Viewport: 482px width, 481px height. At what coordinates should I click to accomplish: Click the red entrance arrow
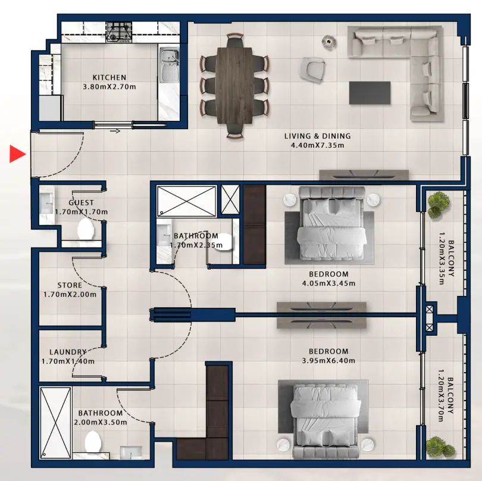(x=17, y=154)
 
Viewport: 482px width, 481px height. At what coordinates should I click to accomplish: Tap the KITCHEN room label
(x=109, y=77)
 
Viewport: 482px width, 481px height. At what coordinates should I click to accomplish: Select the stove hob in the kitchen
(x=119, y=32)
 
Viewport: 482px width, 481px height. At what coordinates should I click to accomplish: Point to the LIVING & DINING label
(x=317, y=136)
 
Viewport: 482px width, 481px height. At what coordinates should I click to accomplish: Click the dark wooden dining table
(x=235, y=85)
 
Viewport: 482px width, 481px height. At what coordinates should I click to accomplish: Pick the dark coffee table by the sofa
(x=370, y=92)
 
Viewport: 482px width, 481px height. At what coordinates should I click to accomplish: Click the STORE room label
(x=70, y=285)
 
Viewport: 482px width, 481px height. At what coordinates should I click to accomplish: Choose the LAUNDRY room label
(x=68, y=352)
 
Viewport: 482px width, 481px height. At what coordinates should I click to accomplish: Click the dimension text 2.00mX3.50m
(x=101, y=422)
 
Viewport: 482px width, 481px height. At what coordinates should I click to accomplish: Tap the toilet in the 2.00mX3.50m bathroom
(x=93, y=442)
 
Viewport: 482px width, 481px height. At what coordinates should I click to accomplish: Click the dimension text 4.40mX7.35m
(x=317, y=145)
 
